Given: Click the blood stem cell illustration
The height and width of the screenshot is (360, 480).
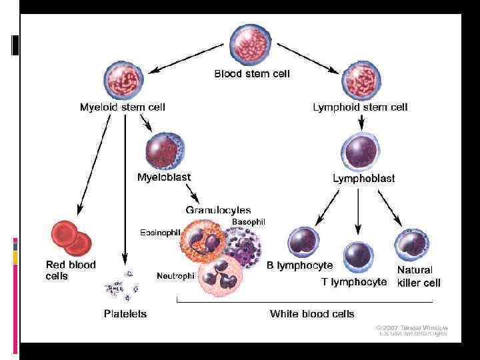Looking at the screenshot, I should point(251,44).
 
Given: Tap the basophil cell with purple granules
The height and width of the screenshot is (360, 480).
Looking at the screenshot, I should point(243,245).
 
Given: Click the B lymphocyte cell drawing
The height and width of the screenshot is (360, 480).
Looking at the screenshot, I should point(305,244).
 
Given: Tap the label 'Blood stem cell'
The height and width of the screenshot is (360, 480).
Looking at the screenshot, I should point(251,74).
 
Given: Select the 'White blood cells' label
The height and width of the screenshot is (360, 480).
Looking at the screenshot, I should point(311,313).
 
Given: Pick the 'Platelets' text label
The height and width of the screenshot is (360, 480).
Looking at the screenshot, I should point(125,313).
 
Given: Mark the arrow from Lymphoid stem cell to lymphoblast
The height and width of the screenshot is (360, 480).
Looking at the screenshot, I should point(361,121).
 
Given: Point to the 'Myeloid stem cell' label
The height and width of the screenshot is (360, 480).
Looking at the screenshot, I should point(122,107).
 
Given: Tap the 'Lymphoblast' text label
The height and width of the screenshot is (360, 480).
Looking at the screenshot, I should point(363,178).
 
